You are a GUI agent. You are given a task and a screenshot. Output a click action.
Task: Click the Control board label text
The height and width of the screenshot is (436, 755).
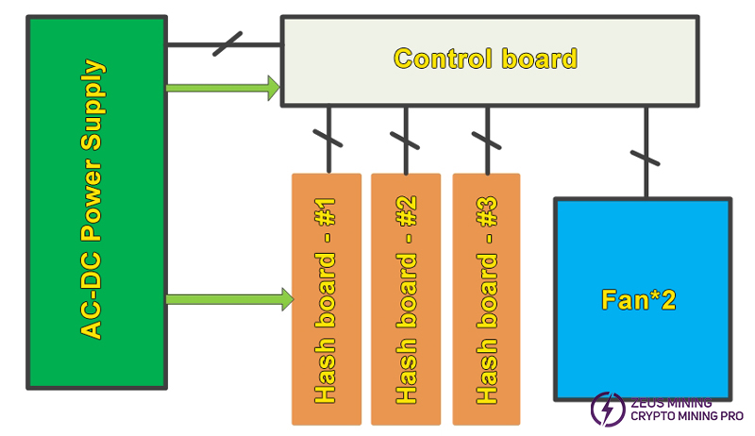pos(484,59)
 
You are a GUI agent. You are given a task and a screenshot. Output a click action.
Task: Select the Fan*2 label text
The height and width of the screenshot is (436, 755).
pos(639,300)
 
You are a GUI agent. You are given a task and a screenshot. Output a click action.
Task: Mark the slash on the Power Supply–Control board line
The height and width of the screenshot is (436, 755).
pos(227,43)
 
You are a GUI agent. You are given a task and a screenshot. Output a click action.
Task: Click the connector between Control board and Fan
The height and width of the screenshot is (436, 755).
pos(646,151)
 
